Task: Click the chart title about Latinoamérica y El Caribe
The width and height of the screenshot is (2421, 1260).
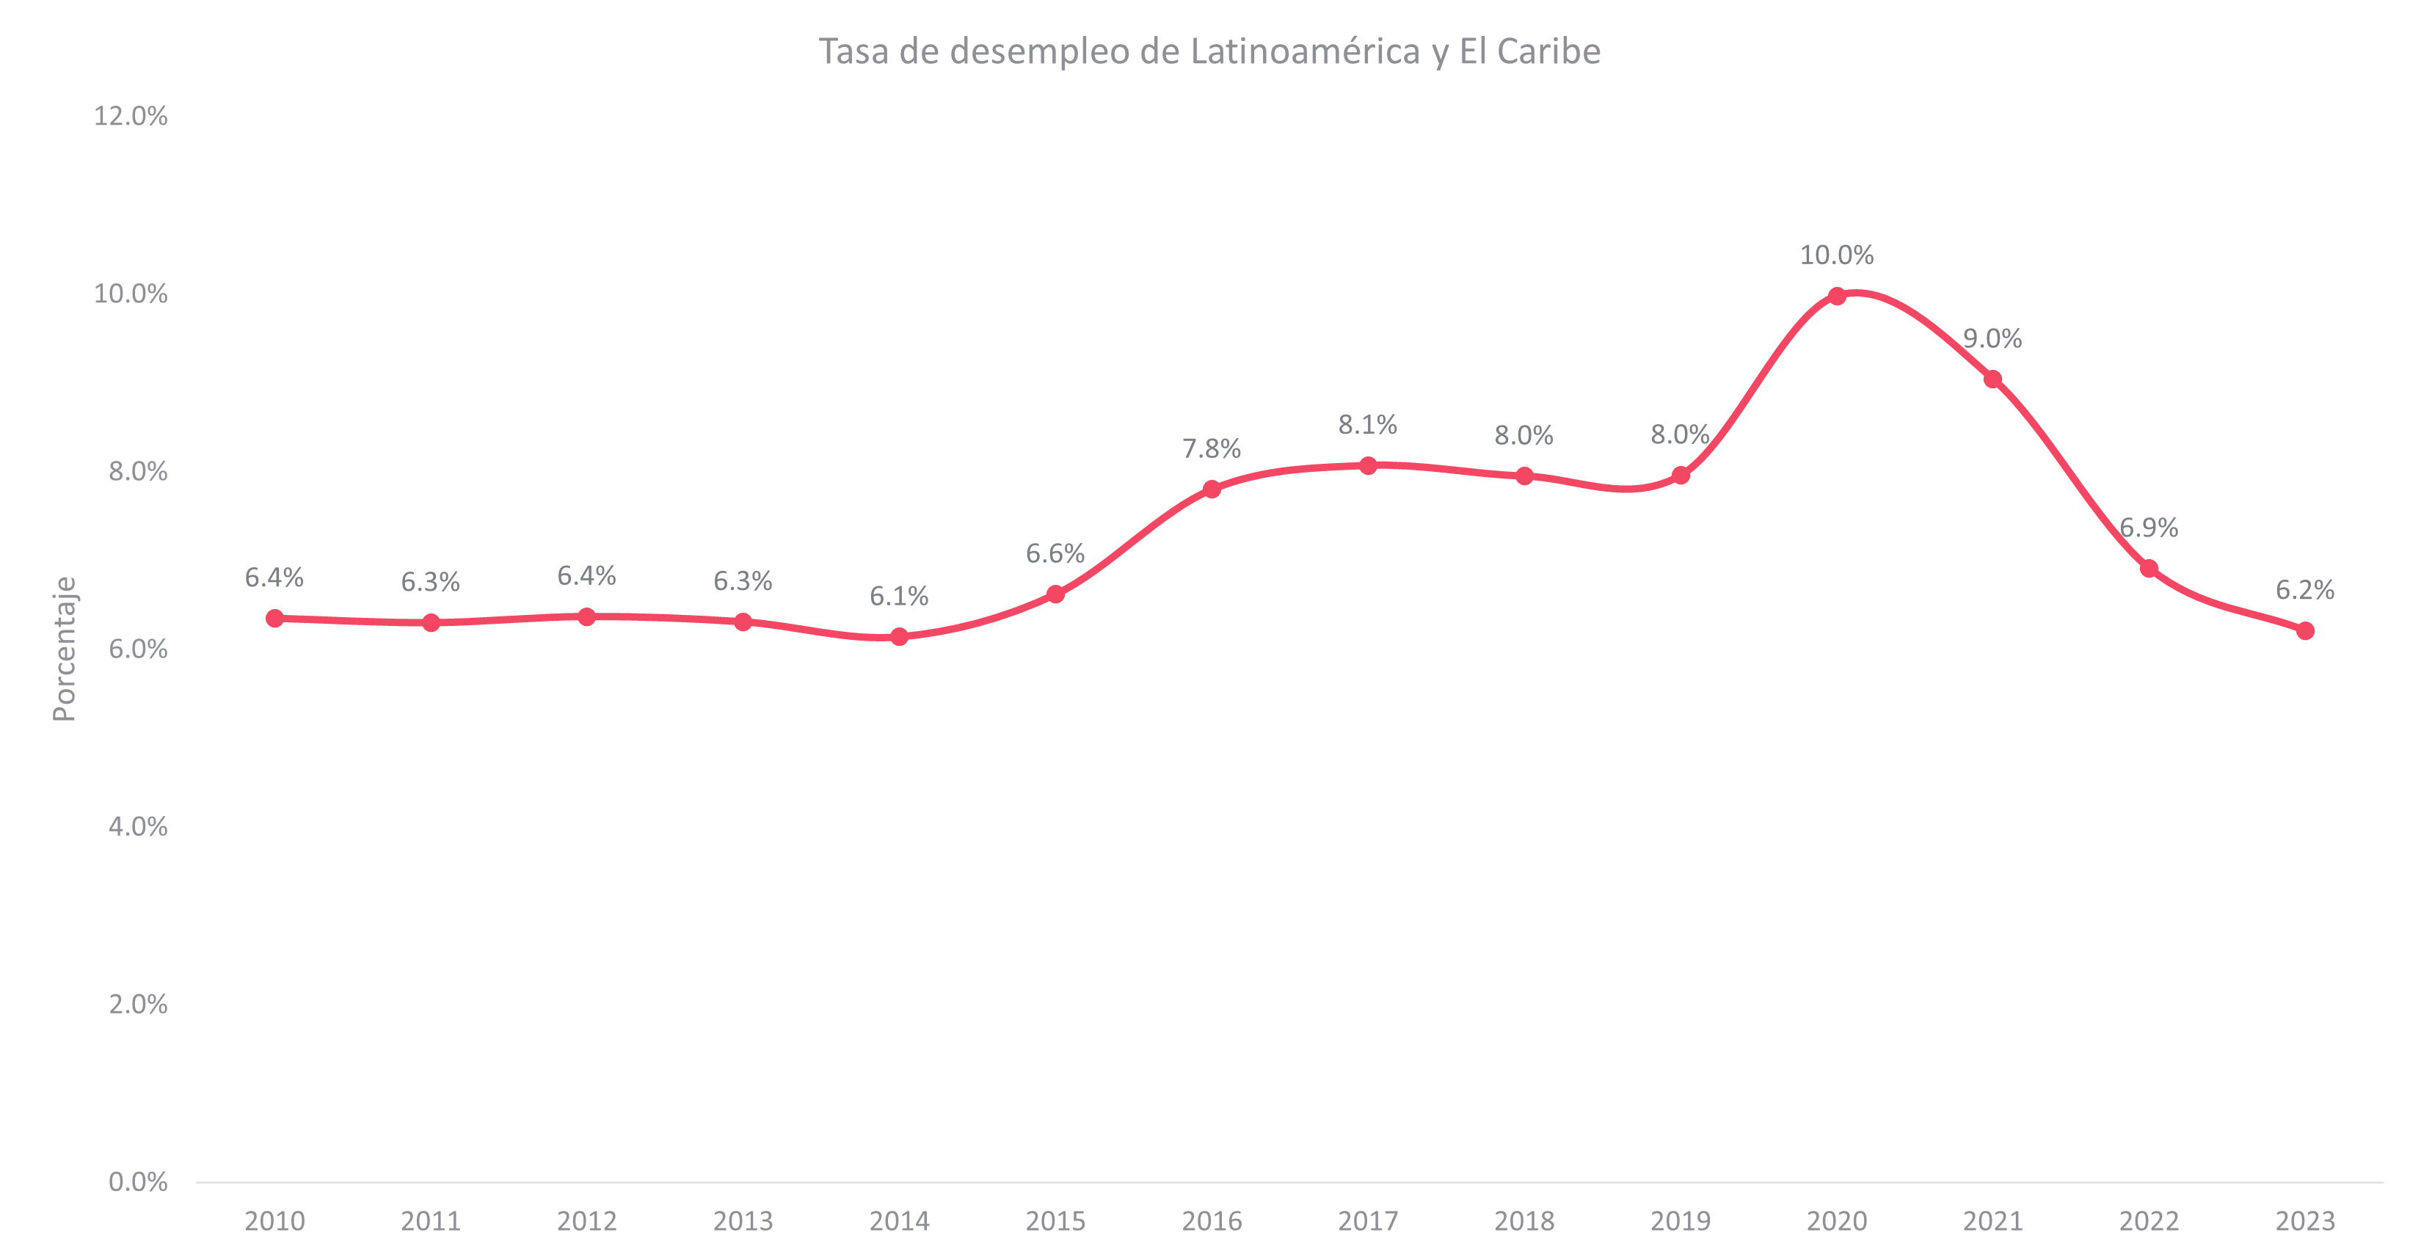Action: point(1209,51)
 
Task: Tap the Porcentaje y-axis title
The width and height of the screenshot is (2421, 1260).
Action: point(64,648)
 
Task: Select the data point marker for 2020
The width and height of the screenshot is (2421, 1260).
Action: point(1836,296)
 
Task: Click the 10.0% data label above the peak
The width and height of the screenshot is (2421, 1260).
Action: point(1836,255)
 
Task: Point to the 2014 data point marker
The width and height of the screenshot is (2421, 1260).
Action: point(900,637)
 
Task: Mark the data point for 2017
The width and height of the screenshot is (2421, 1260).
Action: point(1369,466)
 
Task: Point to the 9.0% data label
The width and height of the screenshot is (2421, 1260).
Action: point(1992,338)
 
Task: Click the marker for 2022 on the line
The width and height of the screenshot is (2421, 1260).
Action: point(2149,569)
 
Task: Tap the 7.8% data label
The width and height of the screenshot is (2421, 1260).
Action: point(1212,448)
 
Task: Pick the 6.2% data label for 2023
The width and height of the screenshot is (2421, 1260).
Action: point(2304,590)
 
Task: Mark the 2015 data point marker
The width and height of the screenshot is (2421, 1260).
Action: point(1055,594)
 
